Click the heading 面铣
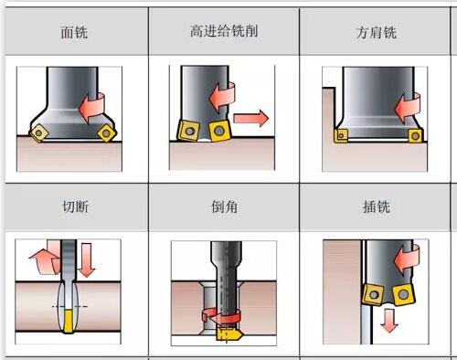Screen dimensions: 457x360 [x=74, y=32]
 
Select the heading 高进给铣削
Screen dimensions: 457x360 [x=224, y=31]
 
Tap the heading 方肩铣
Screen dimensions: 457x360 [x=377, y=32]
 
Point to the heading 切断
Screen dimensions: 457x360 [x=75, y=206]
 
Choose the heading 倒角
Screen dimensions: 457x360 [x=225, y=207]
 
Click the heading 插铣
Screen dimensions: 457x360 [x=377, y=207]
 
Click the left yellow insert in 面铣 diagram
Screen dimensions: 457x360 [x=38, y=133]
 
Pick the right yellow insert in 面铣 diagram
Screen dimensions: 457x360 [x=107, y=132]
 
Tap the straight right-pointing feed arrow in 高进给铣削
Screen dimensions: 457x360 [x=251, y=118]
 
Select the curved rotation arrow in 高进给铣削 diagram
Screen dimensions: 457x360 [x=222, y=97]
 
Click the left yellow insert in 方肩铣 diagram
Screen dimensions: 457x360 [x=341, y=136]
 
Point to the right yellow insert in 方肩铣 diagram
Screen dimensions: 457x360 [x=415, y=135]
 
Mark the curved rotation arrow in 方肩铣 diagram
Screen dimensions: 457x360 [x=408, y=108]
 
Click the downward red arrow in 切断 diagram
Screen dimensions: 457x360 [x=87, y=259]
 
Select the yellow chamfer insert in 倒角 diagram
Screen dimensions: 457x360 [x=228, y=334]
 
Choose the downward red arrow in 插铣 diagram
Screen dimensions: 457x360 [x=389, y=321]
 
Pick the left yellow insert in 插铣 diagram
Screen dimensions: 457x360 [x=373, y=294]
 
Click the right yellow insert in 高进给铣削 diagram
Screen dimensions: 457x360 [x=220, y=131]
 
